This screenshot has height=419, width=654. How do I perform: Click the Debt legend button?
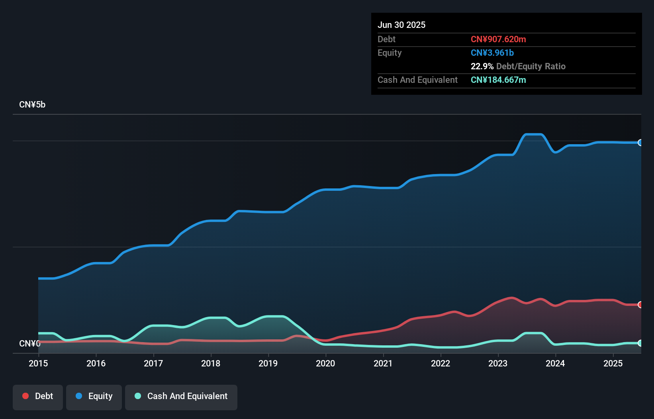(x=38, y=397)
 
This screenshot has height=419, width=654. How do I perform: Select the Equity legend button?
(x=94, y=397)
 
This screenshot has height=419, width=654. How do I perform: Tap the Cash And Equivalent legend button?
(x=181, y=397)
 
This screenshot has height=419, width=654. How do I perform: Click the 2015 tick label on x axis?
(x=38, y=363)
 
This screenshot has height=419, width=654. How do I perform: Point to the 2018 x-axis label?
(x=211, y=363)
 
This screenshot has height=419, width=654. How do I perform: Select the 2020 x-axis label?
(x=325, y=363)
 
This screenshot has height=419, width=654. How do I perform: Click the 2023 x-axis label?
(x=498, y=363)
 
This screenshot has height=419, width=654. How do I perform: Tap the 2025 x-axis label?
(x=613, y=363)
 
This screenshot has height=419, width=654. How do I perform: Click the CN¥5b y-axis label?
(x=32, y=105)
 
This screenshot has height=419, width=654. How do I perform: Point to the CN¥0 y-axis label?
(x=29, y=343)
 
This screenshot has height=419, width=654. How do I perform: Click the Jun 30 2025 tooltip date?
(x=401, y=25)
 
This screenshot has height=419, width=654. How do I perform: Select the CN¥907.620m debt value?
(x=498, y=39)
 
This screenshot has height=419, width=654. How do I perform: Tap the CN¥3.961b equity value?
(x=492, y=53)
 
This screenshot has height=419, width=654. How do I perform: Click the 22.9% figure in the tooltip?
(x=482, y=67)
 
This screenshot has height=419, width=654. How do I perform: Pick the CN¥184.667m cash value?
(x=498, y=80)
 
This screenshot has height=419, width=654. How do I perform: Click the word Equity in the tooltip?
(x=390, y=53)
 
